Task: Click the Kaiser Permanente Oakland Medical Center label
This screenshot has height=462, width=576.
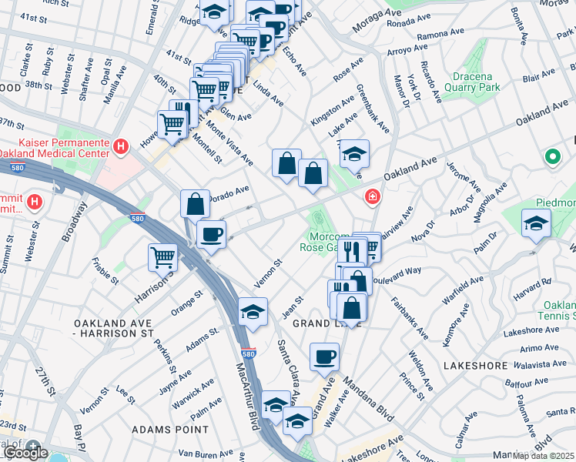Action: pyautogui.click(x=49, y=146)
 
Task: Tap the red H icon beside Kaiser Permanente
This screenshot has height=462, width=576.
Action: pyautogui.click(x=120, y=146)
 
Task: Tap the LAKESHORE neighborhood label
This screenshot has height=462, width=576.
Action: pyautogui.click(x=474, y=365)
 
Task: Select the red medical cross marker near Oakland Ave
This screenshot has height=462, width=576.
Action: pyautogui.click(x=373, y=197)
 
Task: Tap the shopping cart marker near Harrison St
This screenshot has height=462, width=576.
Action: pyautogui.click(x=162, y=256)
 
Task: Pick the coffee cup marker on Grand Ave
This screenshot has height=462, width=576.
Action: pyautogui.click(x=324, y=356)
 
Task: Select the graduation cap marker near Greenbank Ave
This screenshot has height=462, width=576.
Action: pyautogui.click(x=354, y=153)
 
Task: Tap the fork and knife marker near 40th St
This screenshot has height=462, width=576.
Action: pyautogui.click(x=183, y=112)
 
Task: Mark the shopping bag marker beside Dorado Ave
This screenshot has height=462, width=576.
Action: pyautogui.click(x=195, y=203)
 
